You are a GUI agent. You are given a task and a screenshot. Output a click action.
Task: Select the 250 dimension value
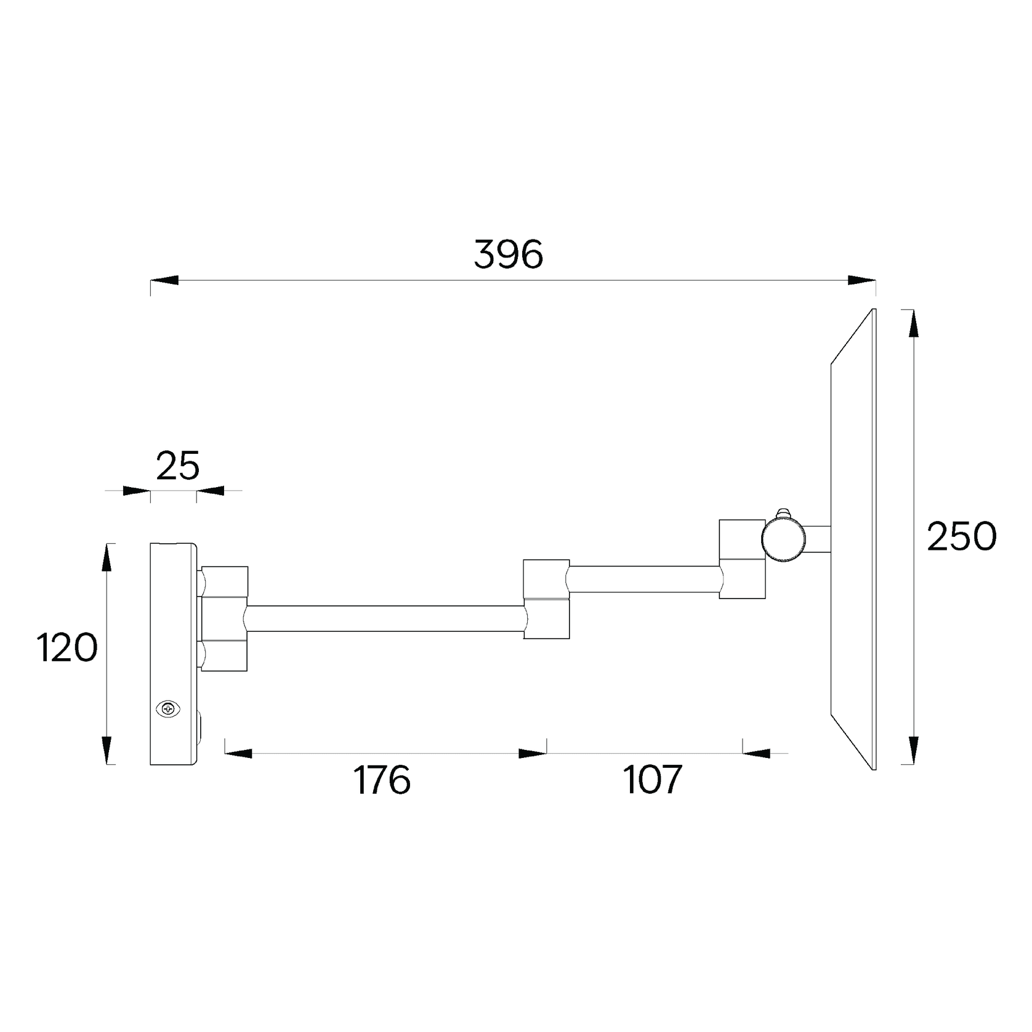pos(962,536)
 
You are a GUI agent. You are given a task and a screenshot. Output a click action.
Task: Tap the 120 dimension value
pos(67,647)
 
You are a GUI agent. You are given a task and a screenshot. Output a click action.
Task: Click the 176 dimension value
pos(382,780)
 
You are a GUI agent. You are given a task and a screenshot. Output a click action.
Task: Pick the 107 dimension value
pos(653,780)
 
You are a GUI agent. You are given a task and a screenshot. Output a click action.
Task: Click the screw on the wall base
pos(168,709)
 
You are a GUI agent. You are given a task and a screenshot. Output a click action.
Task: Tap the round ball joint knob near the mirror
pos(783,539)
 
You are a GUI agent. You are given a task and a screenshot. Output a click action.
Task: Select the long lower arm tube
pos(386,618)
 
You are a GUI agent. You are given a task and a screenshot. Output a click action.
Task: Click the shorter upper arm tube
pos(645,579)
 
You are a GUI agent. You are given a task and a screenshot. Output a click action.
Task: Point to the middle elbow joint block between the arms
pos(547,599)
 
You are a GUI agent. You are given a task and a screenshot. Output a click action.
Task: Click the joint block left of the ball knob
pos(743,558)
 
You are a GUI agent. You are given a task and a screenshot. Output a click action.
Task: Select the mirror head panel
pos(853,539)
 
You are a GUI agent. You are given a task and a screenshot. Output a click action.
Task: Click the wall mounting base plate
pos(174,654)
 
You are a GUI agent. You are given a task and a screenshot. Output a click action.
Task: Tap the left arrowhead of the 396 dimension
pos(164,281)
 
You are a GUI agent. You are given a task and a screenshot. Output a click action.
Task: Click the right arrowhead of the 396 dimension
pos(862,281)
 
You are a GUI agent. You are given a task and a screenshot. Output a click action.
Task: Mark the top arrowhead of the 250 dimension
pos(914,323)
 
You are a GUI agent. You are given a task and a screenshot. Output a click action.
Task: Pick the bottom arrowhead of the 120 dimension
pos(107,751)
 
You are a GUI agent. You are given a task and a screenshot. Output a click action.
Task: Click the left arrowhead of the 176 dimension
pos(238,753)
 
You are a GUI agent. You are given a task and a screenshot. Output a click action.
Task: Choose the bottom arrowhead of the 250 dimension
pos(914,751)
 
